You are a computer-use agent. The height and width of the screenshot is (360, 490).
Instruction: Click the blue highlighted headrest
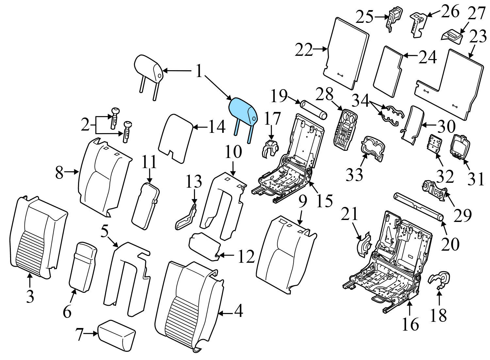click(243, 110)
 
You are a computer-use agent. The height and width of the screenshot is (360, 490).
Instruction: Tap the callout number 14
click(217, 127)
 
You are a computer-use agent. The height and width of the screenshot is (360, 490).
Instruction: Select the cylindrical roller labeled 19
click(313, 110)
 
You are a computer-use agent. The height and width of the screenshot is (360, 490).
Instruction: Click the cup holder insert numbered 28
click(345, 131)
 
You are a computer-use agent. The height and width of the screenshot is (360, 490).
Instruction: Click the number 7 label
click(79, 334)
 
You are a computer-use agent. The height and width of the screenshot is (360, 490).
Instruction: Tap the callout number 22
click(304, 50)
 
